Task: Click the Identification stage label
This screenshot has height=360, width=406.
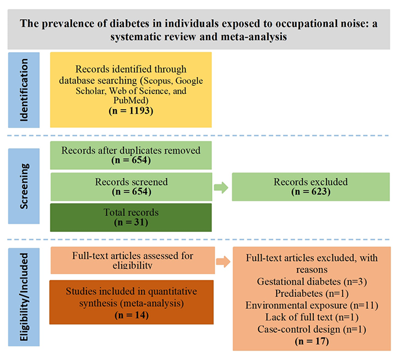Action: pos(24,90)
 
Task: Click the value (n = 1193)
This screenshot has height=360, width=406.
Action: pos(130,110)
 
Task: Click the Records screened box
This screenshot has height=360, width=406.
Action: pos(131,187)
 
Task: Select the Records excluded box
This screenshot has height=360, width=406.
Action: pos(310,187)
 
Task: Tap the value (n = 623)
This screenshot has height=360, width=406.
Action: pos(310,192)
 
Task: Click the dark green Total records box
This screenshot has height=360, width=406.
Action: pos(131,217)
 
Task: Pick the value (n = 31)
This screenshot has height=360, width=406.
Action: pos(131,223)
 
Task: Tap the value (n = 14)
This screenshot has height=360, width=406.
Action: pos(131,315)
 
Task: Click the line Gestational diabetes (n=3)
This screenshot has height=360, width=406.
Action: pos(310,281)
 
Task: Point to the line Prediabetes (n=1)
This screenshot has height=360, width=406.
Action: pos(310,293)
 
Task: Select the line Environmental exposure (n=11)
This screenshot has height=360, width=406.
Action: pos(310,306)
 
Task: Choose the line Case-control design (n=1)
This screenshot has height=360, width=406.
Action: pos(310,329)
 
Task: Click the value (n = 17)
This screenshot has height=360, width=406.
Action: pos(310,341)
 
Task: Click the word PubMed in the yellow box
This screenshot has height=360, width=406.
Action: pos(131,100)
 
